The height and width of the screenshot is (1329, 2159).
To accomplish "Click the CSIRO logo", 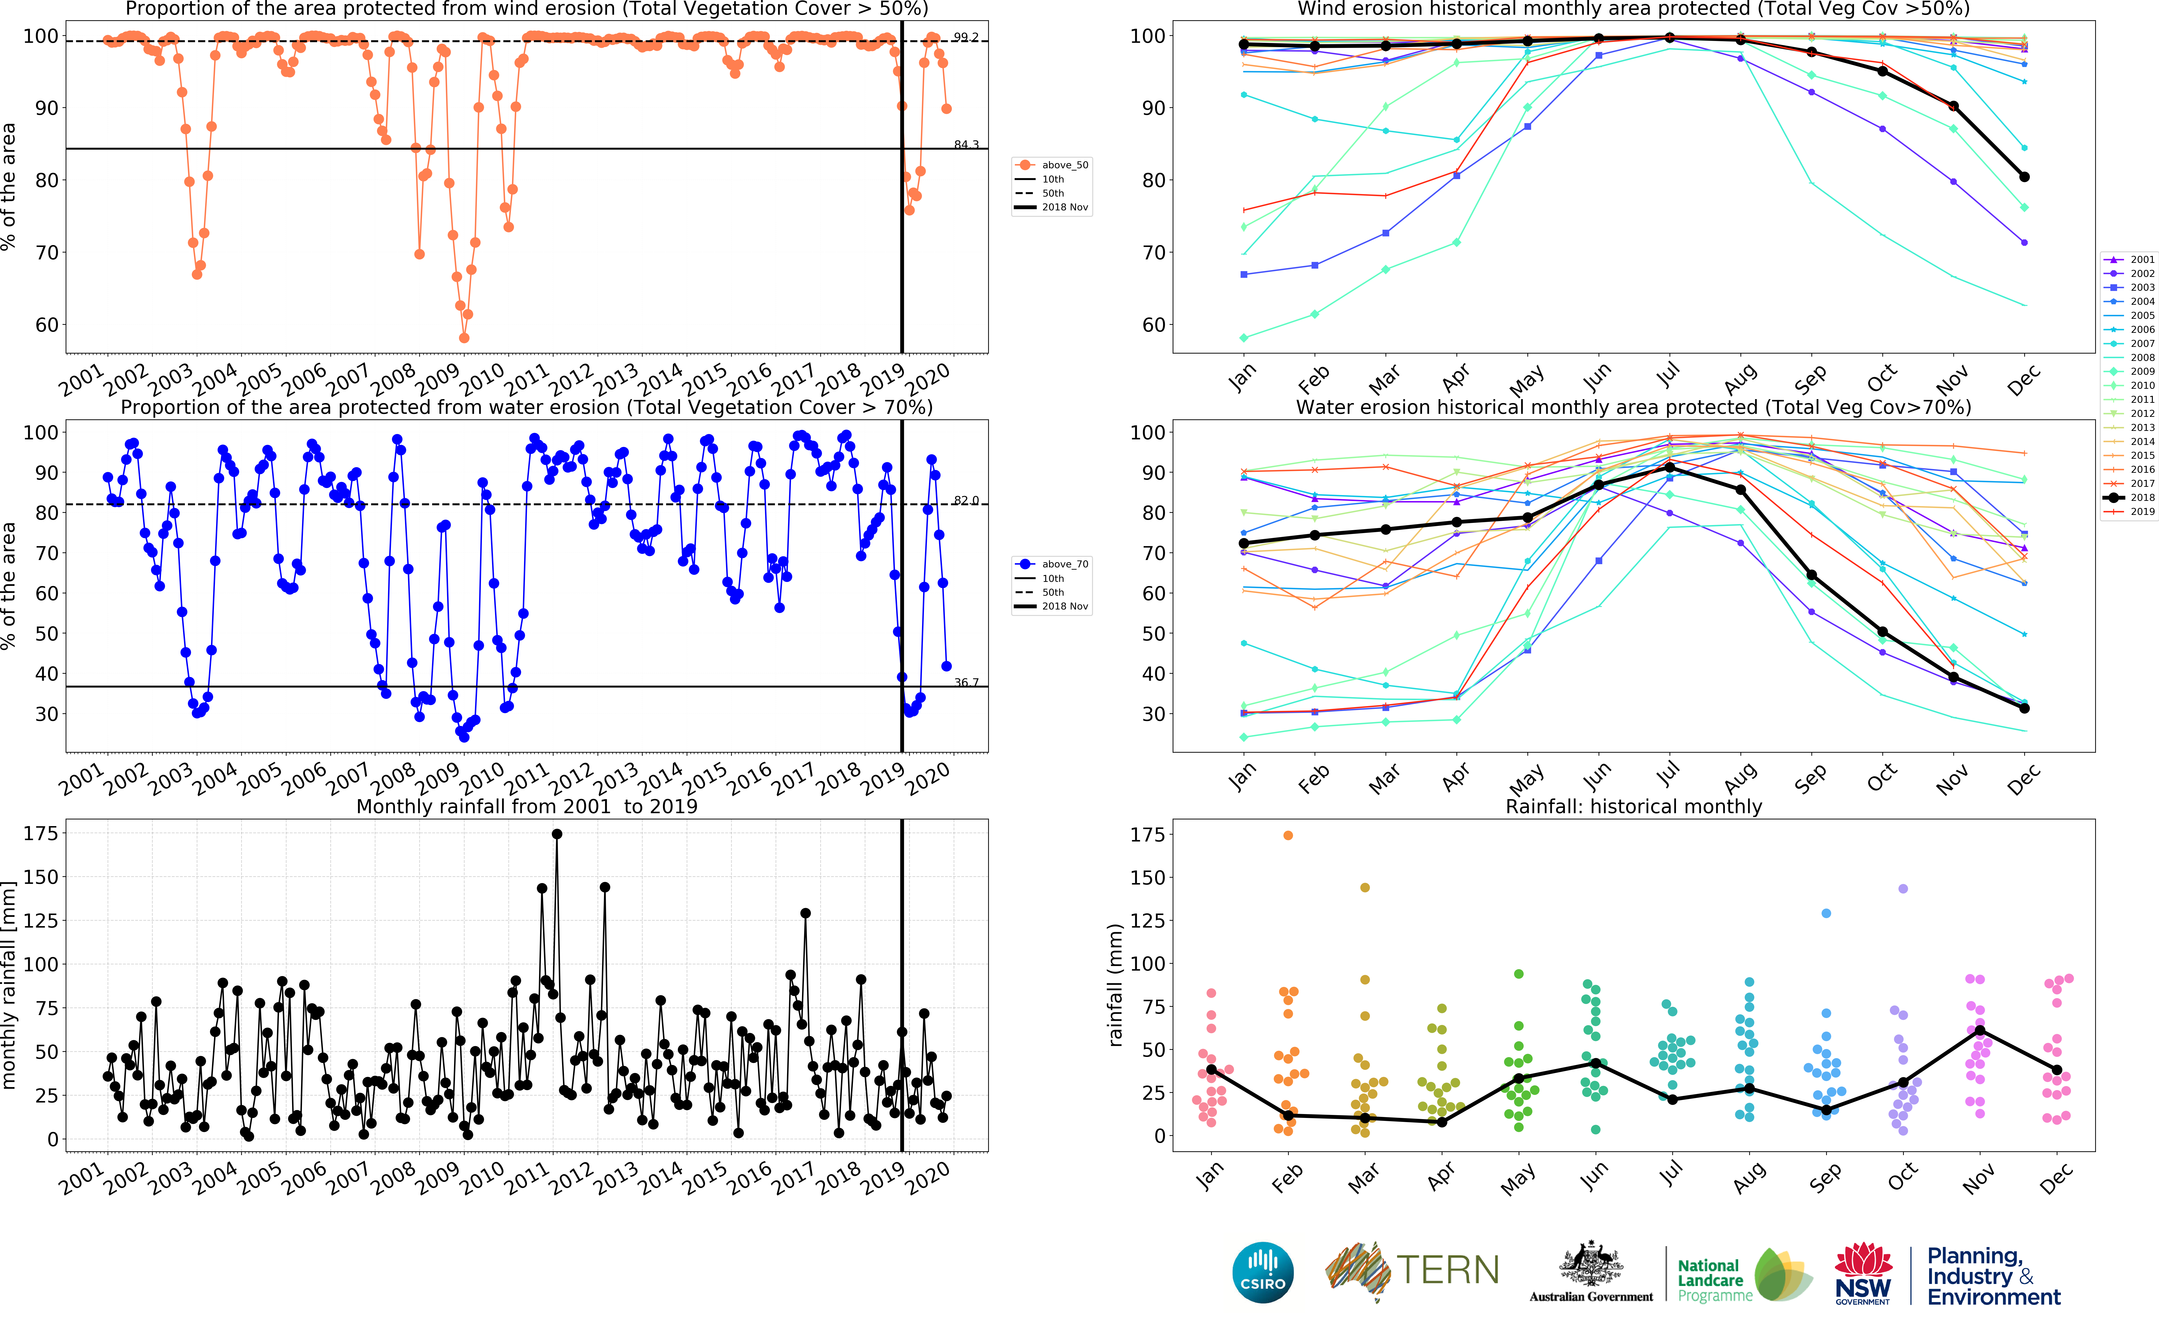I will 1263,1272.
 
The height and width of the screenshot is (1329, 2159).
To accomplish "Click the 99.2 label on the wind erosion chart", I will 966,37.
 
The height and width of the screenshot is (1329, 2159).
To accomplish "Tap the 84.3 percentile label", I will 966,144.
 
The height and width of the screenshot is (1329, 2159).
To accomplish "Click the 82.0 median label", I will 966,500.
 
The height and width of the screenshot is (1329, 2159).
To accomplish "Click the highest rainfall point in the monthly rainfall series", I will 557,834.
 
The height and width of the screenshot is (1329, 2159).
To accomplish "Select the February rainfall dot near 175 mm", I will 1287,835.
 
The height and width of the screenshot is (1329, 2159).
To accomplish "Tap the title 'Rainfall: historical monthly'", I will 1633,806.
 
